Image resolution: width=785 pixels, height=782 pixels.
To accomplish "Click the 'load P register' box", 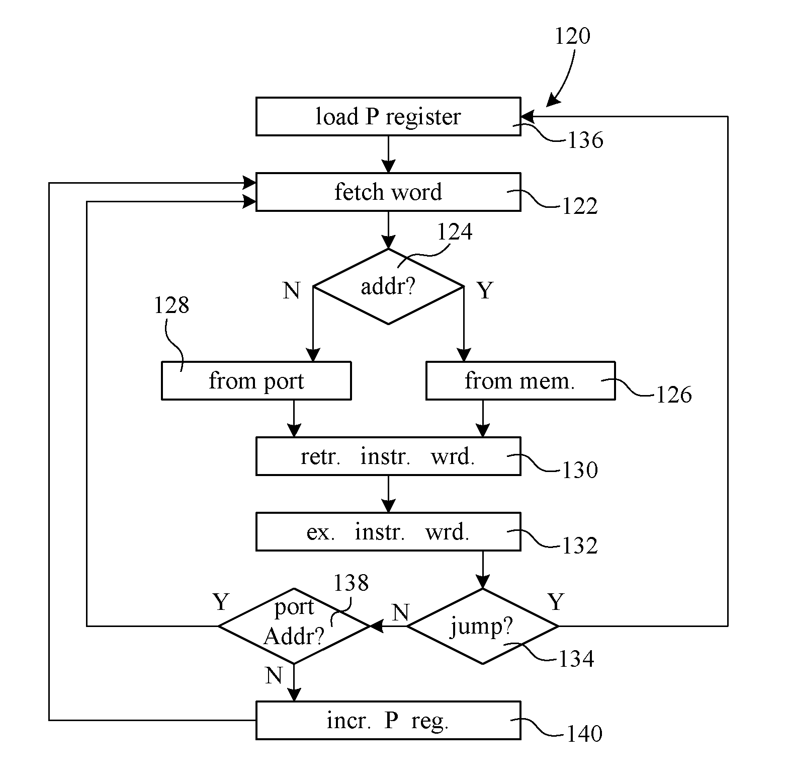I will click(388, 117).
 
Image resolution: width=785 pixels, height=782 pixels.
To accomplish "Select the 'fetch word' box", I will click(388, 192).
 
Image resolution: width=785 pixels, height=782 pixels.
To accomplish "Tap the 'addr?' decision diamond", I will click(388, 287).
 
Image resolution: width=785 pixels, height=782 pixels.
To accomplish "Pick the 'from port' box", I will click(256, 381).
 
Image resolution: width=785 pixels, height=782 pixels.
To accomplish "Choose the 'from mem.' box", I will click(520, 381).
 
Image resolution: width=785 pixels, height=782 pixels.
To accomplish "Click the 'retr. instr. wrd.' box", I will click(388, 456).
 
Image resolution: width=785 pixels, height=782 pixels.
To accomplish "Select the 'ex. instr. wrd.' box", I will click(388, 532).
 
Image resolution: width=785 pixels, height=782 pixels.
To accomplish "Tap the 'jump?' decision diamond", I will click(482, 627).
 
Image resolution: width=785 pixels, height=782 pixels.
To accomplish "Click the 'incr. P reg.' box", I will click(388, 721).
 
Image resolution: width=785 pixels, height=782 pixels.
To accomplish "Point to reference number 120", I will click(572, 36).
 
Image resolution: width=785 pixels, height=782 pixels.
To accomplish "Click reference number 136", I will click(585, 140).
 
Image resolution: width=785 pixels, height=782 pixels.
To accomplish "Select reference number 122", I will click(579, 206).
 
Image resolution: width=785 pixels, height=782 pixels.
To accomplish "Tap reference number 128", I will click(171, 305).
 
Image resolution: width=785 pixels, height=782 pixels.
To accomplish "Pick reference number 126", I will click(674, 395).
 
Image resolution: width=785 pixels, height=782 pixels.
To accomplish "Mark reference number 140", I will click(584, 734).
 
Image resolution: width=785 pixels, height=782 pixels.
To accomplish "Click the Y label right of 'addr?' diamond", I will click(485, 290).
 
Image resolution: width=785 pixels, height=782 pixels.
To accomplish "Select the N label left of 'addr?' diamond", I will click(292, 290).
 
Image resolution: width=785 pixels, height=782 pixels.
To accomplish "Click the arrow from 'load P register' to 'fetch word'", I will click(388, 154).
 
